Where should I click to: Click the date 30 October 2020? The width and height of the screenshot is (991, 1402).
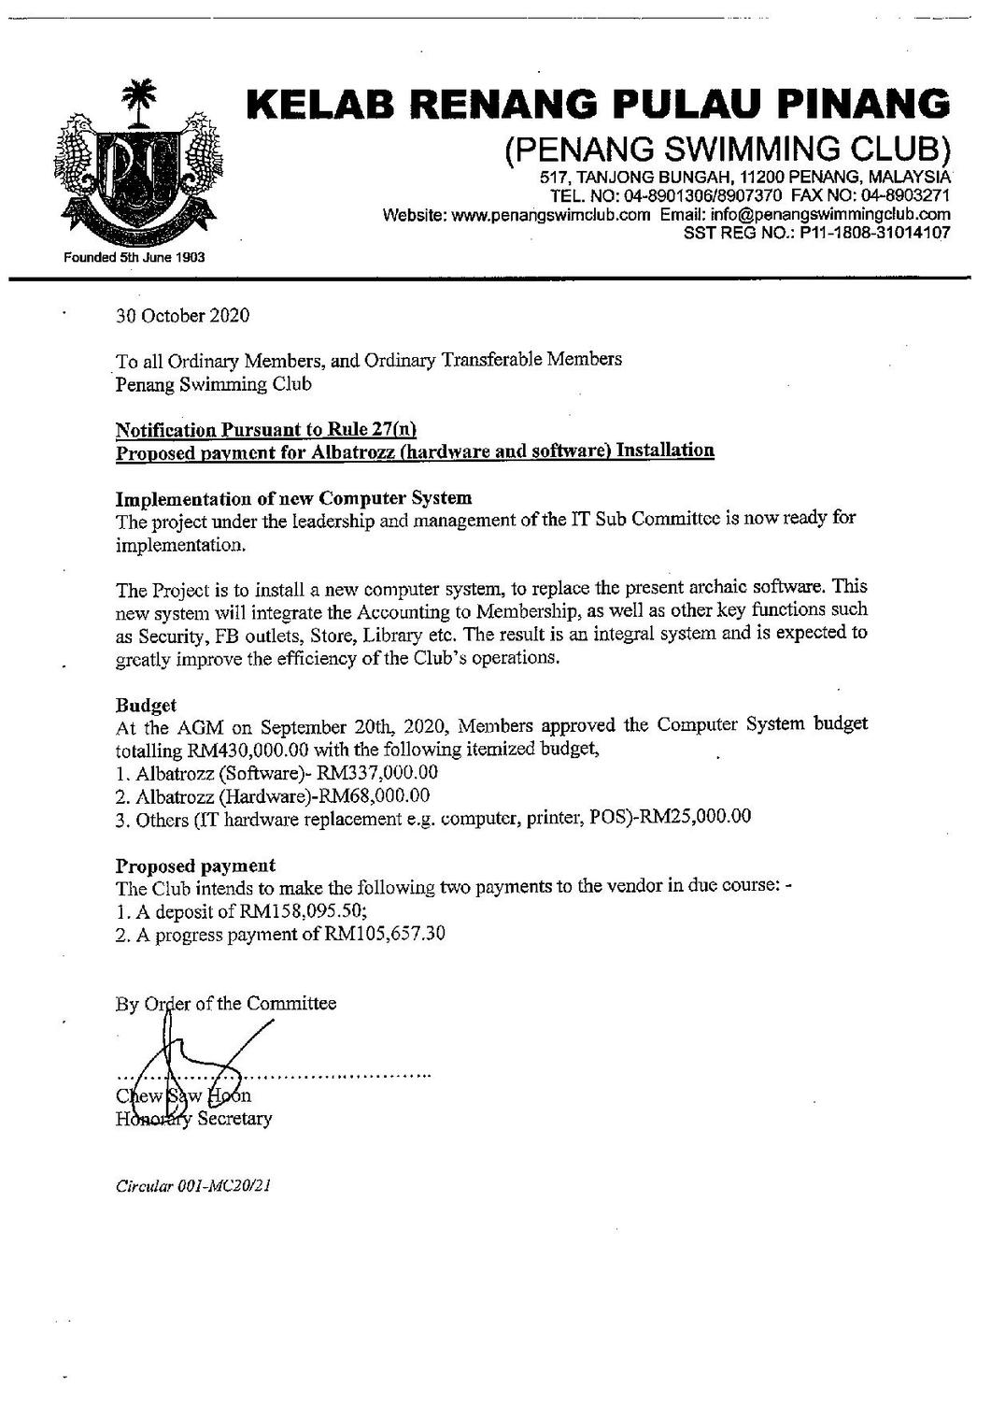tap(183, 316)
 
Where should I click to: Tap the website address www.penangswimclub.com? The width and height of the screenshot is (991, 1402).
tap(550, 215)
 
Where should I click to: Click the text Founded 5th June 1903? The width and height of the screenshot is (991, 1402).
tap(134, 256)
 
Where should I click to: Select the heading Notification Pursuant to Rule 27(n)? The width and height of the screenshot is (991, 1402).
tap(265, 430)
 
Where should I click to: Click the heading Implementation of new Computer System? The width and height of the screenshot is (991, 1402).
tap(293, 497)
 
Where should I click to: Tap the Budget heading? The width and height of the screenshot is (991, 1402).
tap(146, 704)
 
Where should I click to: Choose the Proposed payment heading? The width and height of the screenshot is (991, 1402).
tap(195, 865)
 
